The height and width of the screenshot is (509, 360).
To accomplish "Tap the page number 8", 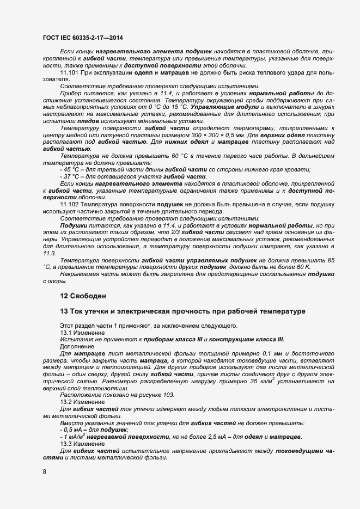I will [44, 471].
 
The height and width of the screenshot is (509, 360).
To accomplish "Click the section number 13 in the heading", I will [63, 311].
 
